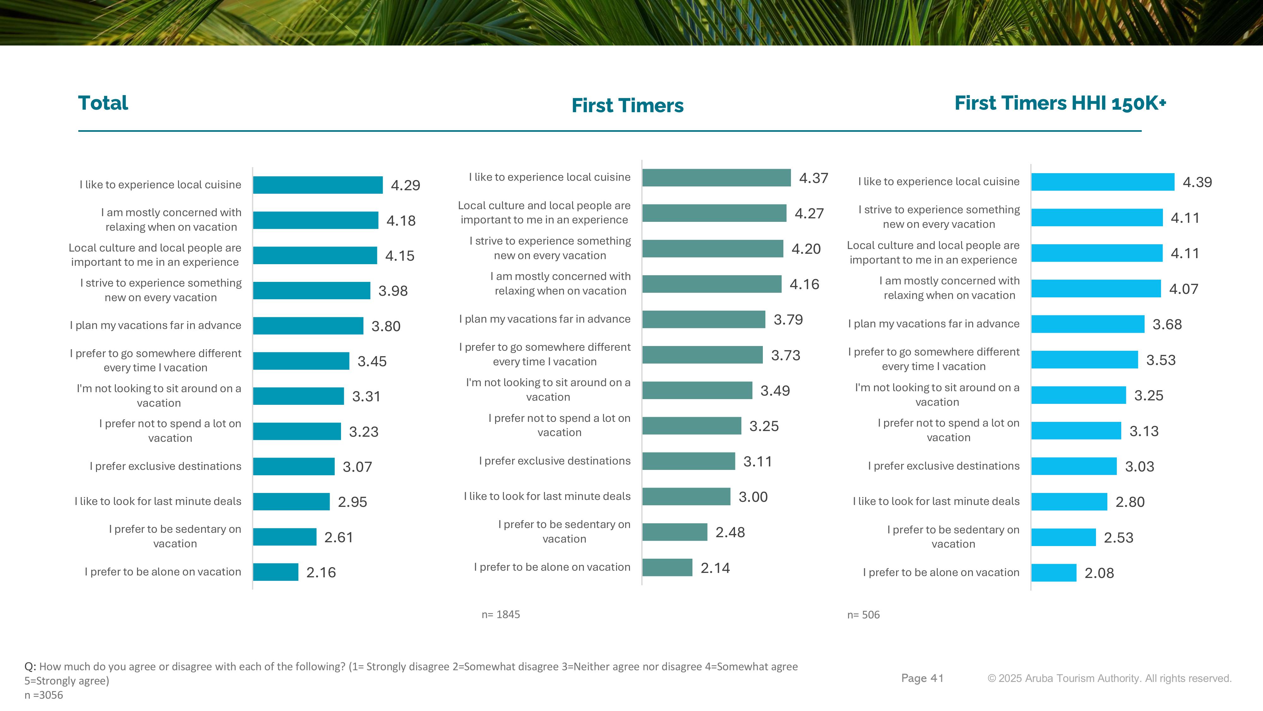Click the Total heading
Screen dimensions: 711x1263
point(103,103)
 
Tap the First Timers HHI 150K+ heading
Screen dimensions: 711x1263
point(1060,103)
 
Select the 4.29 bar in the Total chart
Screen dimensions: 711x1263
point(318,185)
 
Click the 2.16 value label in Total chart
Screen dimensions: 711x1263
point(321,573)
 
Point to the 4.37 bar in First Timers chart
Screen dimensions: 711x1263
point(716,178)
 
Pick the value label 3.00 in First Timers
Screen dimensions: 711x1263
point(753,497)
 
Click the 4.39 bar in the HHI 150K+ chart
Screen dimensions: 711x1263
point(1103,182)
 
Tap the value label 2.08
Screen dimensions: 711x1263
point(1099,573)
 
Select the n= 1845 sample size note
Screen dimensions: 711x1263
point(500,614)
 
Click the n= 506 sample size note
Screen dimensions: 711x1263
point(863,615)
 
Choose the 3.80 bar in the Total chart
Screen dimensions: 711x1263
point(308,326)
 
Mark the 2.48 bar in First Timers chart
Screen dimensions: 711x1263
point(675,532)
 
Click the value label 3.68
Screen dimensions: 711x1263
point(1167,324)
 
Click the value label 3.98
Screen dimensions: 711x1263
point(393,291)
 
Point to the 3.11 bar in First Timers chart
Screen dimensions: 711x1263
point(688,461)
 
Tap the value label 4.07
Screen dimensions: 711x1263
point(1183,289)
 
